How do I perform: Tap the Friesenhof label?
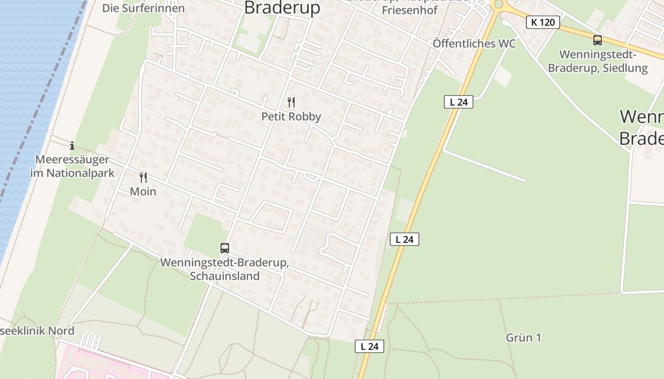point(409,10)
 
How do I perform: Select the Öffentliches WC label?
point(474,44)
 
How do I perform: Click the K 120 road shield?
point(543,22)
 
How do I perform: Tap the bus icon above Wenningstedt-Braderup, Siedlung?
point(598,40)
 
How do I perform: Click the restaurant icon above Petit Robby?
point(291,102)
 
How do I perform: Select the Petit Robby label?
point(291,117)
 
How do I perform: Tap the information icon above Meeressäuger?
point(72,145)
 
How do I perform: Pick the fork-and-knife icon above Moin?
point(143,178)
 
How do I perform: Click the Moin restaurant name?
point(143,191)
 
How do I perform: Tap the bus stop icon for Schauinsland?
point(225,248)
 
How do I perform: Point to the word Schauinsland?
point(225,276)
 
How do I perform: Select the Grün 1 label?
point(524,338)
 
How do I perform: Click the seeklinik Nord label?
point(37,331)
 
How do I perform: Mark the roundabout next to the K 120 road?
point(498,5)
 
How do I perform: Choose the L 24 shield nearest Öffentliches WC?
point(459,102)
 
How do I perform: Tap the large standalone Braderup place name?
point(282,8)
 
